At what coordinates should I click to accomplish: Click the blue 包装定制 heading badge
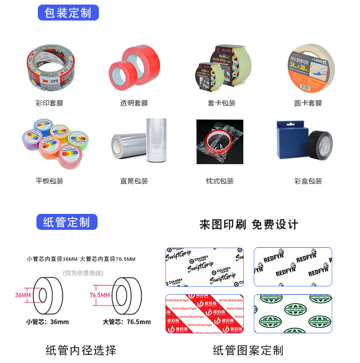point(68,12)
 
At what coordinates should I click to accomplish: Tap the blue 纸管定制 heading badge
point(67,222)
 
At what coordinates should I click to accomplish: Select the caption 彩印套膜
point(49,103)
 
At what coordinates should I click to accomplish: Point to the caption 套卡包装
point(221,103)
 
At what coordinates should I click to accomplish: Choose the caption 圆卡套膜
point(308,103)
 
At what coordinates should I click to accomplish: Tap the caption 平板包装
point(49,181)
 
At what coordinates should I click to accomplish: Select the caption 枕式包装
point(220,181)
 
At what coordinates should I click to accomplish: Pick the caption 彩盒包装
point(308,181)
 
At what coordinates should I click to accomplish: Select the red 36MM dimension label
point(23,295)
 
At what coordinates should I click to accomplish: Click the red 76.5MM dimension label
point(99,295)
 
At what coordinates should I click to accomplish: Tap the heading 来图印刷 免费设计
point(249,224)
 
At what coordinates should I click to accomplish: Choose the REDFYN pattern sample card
point(293,267)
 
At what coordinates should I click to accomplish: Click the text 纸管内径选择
point(81,350)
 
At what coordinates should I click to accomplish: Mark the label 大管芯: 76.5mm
point(127,322)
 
